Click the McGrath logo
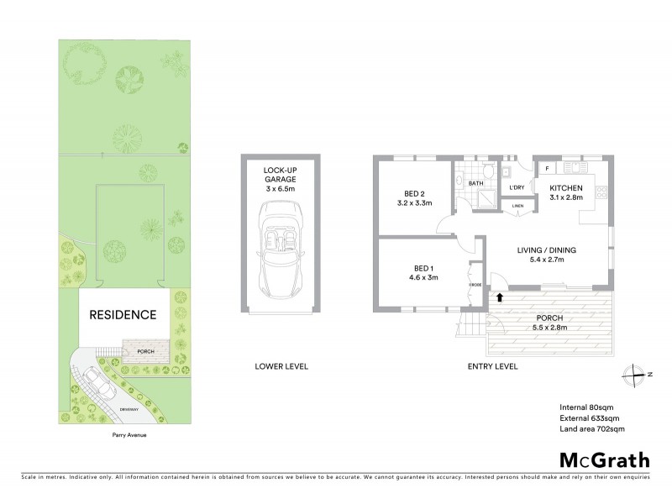(x=604, y=459)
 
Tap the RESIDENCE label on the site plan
(x=123, y=316)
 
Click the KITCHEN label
(x=566, y=192)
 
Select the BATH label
(x=475, y=183)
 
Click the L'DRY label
(x=517, y=187)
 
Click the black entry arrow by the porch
(x=499, y=296)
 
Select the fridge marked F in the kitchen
(x=547, y=169)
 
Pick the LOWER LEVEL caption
(x=281, y=366)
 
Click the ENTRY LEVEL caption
(x=492, y=366)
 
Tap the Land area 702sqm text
(x=592, y=429)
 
